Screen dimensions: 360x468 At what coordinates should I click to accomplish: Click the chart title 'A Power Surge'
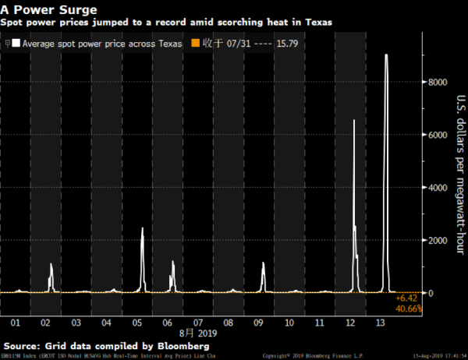pos(48,9)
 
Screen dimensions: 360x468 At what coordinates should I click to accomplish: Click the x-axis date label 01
pos(15,321)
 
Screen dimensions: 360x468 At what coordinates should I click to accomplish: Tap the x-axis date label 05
pos(136,321)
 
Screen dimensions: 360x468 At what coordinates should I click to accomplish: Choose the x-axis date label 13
pos(380,321)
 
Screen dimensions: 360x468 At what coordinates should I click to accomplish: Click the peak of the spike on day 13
pos(385,55)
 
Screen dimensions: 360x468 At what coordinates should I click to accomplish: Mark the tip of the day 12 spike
pos(354,120)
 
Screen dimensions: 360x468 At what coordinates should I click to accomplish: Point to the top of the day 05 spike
pos(142,228)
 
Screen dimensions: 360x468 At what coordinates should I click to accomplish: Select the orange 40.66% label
pos(409,309)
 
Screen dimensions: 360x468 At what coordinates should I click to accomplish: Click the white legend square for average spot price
pos(16,44)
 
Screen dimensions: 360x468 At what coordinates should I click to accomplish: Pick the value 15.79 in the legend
pos(296,44)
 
